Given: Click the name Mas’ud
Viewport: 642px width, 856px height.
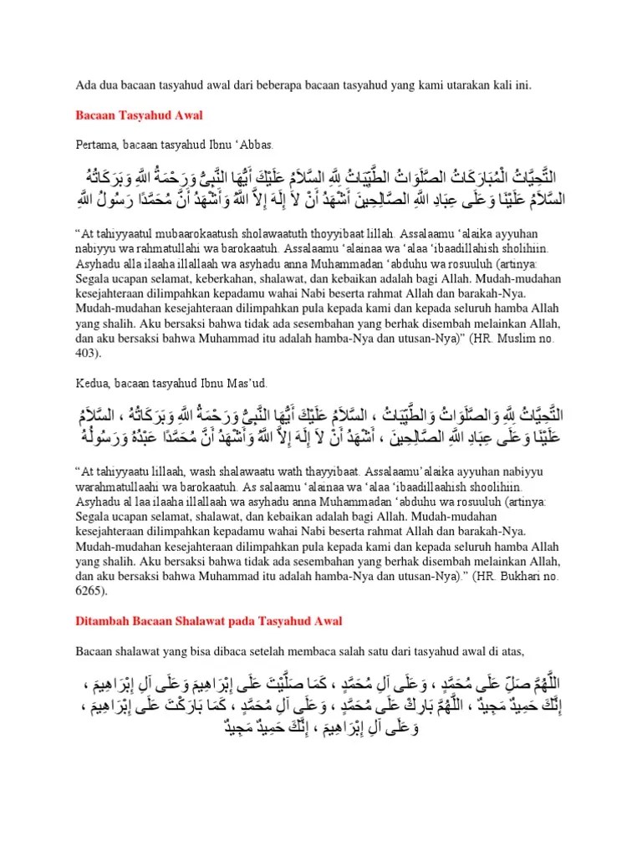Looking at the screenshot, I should pyautogui.click(x=246, y=383).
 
